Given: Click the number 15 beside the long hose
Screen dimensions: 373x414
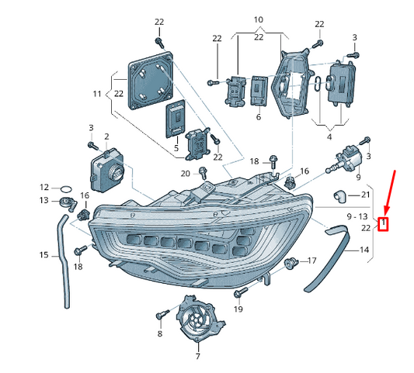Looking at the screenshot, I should pyautogui.click(x=44, y=254).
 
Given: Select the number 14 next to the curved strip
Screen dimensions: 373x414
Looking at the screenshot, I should pyautogui.click(x=365, y=250).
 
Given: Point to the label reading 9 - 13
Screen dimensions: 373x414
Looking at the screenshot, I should pyautogui.click(x=357, y=216).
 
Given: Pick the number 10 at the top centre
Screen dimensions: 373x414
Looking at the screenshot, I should pyautogui.click(x=258, y=18).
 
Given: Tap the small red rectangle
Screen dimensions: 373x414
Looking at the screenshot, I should pyautogui.click(x=382, y=225).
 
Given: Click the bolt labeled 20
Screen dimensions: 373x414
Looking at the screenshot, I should pyautogui.click(x=203, y=171).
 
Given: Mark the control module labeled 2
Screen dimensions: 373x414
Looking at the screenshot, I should pyautogui.click(x=108, y=170).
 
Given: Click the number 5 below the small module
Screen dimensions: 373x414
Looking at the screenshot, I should pyautogui.click(x=176, y=147).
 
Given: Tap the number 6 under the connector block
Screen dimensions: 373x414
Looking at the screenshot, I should pyautogui.click(x=258, y=116).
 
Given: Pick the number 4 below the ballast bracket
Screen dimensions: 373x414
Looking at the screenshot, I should pyautogui.click(x=329, y=137).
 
